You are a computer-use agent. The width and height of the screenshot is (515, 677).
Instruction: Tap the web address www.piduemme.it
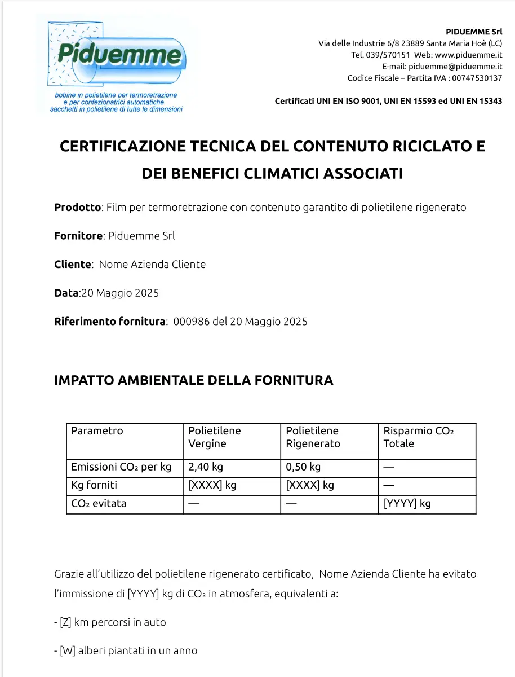click(x=468, y=55)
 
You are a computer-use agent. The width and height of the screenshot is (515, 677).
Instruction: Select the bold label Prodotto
click(x=77, y=207)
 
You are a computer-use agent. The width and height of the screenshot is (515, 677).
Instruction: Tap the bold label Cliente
click(x=73, y=264)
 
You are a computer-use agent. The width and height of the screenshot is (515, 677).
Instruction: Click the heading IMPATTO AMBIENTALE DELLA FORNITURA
click(x=193, y=380)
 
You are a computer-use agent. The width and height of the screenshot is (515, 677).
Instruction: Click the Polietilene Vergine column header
click(x=215, y=437)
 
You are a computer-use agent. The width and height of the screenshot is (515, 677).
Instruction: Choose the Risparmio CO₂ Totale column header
click(x=418, y=437)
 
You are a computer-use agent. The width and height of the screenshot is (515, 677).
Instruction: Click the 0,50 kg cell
click(x=303, y=467)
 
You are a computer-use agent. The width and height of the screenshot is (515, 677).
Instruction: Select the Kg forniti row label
click(x=94, y=485)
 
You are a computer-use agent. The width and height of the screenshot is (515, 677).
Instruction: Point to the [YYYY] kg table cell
click(x=407, y=503)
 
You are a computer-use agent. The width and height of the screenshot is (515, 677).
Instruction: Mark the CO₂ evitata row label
click(x=99, y=503)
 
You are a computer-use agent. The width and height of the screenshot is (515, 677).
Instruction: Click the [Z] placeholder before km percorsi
click(x=65, y=622)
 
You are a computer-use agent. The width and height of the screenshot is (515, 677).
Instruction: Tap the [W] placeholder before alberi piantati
click(x=67, y=650)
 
